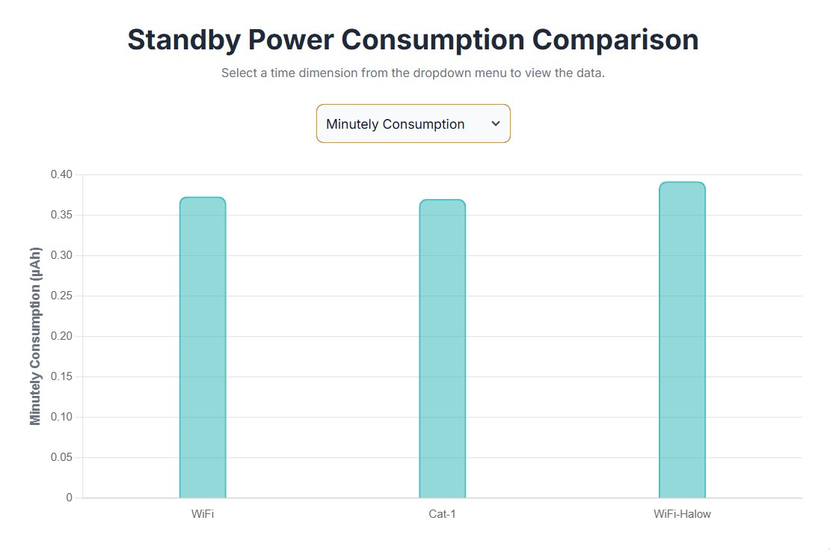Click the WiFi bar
[x=203, y=348]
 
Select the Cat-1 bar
[x=442, y=349]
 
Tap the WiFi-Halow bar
[x=682, y=340]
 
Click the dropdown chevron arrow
[x=495, y=123]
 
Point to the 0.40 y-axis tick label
[x=61, y=175]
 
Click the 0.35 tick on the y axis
[x=61, y=216]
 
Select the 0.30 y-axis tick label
[x=61, y=256]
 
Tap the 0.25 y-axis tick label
[x=61, y=296]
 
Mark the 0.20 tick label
[x=61, y=337]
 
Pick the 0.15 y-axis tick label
[x=61, y=377]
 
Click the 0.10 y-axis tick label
[x=61, y=418]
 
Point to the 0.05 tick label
[x=61, y=458]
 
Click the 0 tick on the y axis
[x=70, y=498]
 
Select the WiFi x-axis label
[x=203, y=515]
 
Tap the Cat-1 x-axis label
[x=442, y=515]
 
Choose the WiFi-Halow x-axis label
[x=682, y=515]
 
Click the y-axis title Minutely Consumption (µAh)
[x=36, y=336]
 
